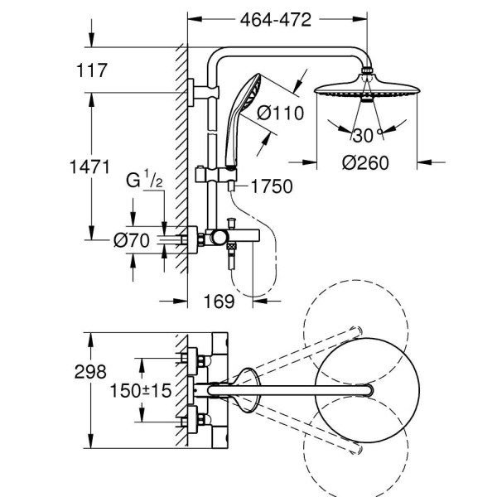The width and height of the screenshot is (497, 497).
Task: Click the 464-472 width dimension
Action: tap(277, 20)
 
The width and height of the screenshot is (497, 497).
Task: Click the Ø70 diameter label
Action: tap(131, 240)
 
